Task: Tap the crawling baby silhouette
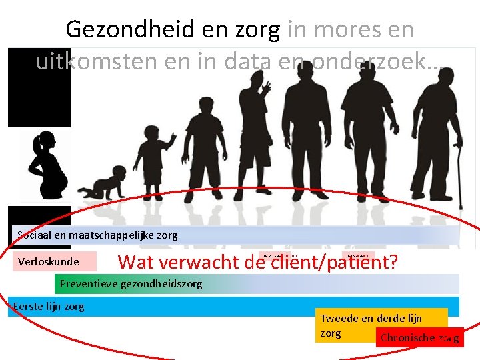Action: [108, 187]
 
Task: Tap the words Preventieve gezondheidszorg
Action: [131, 283]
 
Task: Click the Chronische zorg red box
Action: [419, 338]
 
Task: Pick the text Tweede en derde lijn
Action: [371, 318]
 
